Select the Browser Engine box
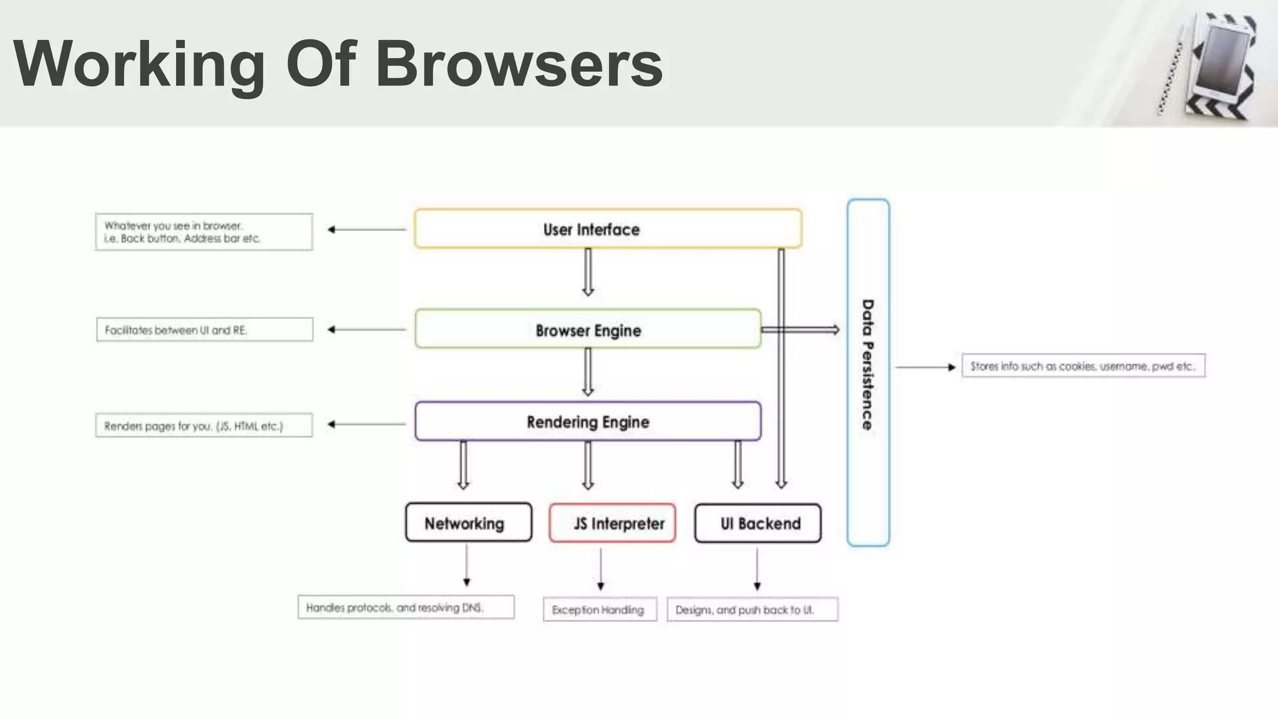click(588, 330)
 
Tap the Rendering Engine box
click(588, 422)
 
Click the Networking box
click(469, 523)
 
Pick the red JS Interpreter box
click(612, 523)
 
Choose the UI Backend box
click(758, 523)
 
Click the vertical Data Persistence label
click(867, 365)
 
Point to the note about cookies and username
click(1083, 366)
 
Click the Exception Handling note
click(600, 610)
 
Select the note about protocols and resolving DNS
click(406, 607)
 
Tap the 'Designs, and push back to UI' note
click(752, 610)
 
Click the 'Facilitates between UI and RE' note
click(205, 330)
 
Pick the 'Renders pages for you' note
click(204, 426)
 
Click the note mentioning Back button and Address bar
click(204, 232)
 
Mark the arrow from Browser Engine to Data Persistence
click(801, 330)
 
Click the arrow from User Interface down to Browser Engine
click(588, 272)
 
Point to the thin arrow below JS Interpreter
click(600, 569)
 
